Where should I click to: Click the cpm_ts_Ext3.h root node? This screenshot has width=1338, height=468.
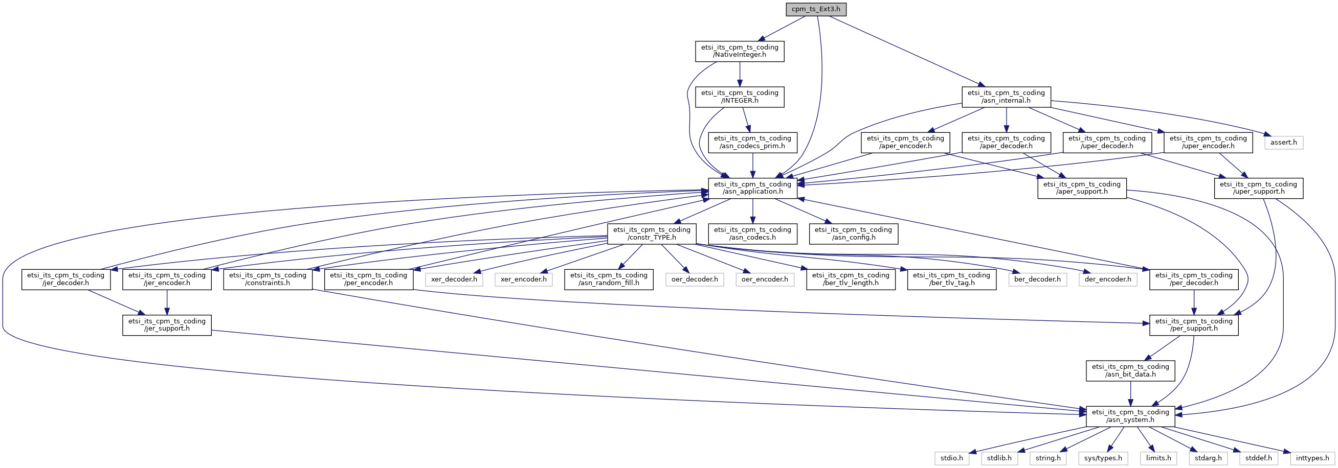coord(815,9)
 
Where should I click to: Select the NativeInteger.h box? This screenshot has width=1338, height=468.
coord(739,51)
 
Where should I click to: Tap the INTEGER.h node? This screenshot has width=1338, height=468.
coord(739,97)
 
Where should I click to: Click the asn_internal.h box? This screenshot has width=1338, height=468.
coord(1006,97)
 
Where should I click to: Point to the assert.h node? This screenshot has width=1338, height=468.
coord(1283,142)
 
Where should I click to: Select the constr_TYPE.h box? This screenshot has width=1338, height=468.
coord(651,233)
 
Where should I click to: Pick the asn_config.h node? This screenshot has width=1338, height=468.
coord(853,233)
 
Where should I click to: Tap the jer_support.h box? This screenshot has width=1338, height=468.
coord(167,325)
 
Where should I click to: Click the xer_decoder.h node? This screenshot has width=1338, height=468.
coord(454,279)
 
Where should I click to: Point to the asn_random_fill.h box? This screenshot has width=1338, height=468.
coord(608,279)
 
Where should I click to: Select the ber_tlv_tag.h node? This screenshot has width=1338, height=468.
coord(951,279)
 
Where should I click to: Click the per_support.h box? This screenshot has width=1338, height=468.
coord(1194,325)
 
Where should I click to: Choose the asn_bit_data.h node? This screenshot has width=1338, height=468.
coord(1130,370)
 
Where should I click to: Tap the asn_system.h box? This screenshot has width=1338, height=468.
coord(1130,416)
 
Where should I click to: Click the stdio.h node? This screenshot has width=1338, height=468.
coord(951,458)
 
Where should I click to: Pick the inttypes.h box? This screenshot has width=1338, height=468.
coord(1312,458)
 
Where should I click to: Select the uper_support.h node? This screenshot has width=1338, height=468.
coord(1258,188)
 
